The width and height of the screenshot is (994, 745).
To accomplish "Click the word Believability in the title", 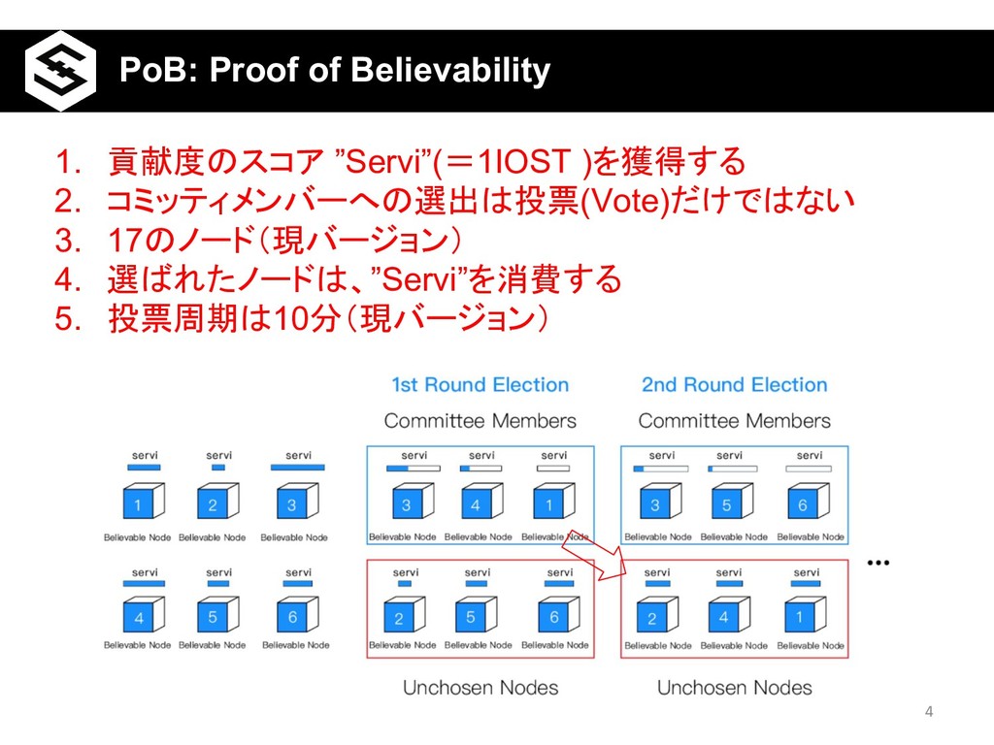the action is pyautogui.click(x=447, y=71).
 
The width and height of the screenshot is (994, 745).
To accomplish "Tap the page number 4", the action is pyautogui.click(x=929, y=713).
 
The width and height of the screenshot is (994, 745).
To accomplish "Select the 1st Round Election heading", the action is pyautogui.click(x=480, y=385).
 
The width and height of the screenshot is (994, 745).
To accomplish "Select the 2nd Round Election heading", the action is pyautogui.click(x=734, y=385).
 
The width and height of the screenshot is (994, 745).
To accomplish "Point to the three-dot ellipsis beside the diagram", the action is pyautogui.click(x=879, y=563).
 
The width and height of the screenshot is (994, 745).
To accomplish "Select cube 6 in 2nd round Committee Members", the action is pyautogui.click(x=806, y=502).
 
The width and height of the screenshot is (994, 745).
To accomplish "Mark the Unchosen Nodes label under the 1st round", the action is pyautogui.click(x=480, y=688).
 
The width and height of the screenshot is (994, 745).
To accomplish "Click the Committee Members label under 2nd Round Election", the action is pyautogui.click(x=734, y=421).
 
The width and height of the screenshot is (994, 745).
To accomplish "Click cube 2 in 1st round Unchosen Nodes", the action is pyautogui.click(x=399, y=616).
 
